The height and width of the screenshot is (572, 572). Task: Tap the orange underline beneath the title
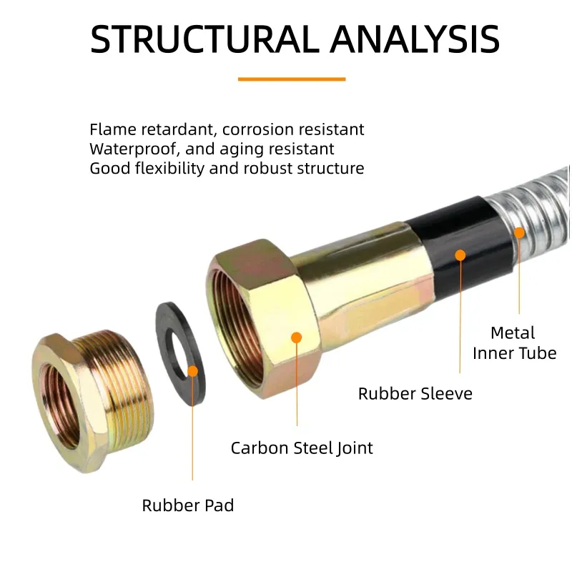291,79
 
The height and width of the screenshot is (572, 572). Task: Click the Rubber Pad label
188,506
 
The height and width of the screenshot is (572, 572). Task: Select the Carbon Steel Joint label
302,448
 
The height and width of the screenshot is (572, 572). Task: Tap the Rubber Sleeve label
415,393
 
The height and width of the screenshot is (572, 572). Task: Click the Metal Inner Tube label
513,342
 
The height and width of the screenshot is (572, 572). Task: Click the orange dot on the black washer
192,370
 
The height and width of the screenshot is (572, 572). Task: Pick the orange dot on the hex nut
297,337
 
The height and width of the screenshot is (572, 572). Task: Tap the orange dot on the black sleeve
460,254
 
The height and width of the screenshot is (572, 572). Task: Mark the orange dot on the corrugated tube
520,232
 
